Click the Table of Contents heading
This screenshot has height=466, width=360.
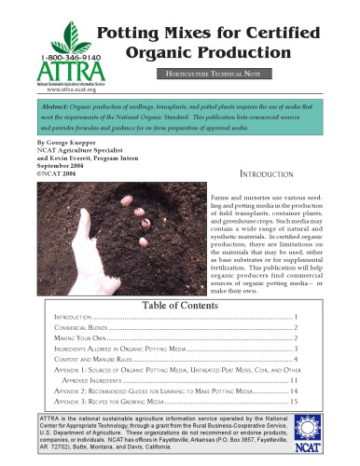point(177,306)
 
